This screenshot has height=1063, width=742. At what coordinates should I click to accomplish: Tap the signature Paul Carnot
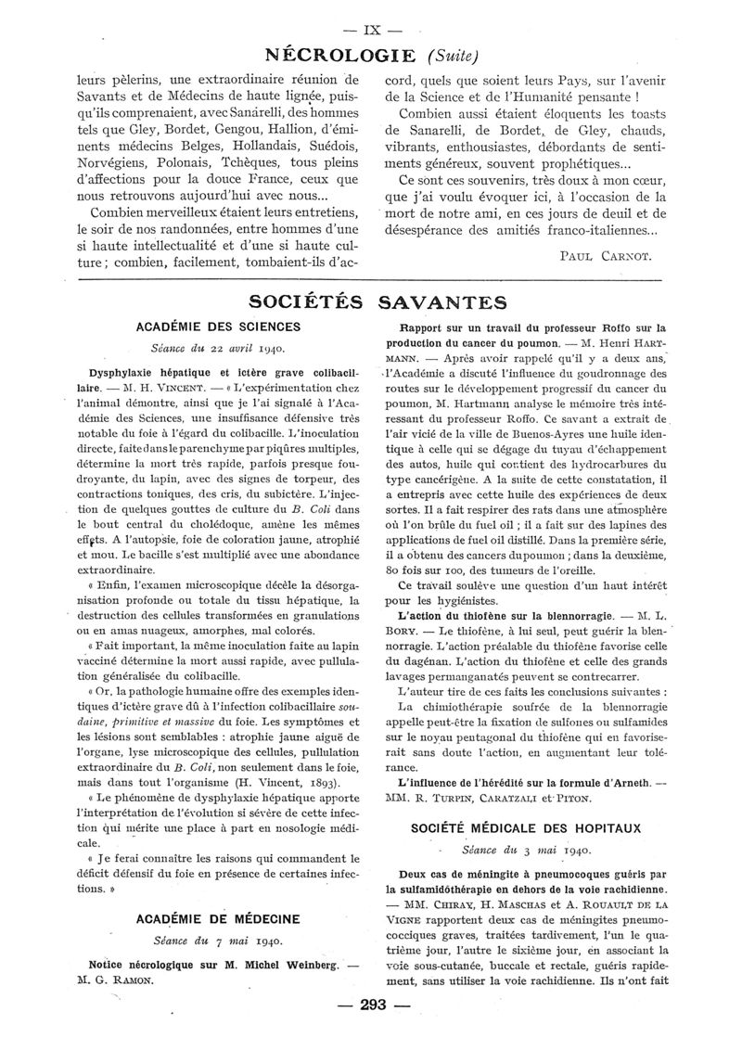tap(608, 253)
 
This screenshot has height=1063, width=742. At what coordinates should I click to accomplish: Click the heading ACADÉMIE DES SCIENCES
tap(218, 327)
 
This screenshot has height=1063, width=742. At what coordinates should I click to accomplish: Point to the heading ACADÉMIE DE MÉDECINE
tap(218, 918)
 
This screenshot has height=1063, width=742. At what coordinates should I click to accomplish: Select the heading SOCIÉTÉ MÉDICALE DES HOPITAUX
tap(526, 828)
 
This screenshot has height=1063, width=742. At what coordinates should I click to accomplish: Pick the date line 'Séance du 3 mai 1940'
tap(526, 849)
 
